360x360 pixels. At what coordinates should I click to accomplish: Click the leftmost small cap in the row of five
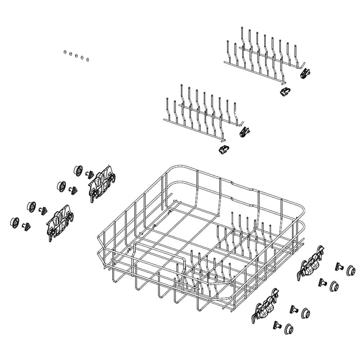(x=65, y=52)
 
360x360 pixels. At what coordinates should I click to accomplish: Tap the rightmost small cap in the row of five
(x=88, y=59)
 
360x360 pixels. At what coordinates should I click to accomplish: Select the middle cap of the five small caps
(x=76, y=55)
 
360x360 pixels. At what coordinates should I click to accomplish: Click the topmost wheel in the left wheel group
(x=78, y=170)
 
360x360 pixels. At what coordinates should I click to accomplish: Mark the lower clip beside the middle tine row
(x=224, y=149)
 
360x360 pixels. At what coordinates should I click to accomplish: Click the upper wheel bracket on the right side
(x=311, y=263)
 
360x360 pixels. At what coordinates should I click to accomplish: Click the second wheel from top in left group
(x=61, y=186)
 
